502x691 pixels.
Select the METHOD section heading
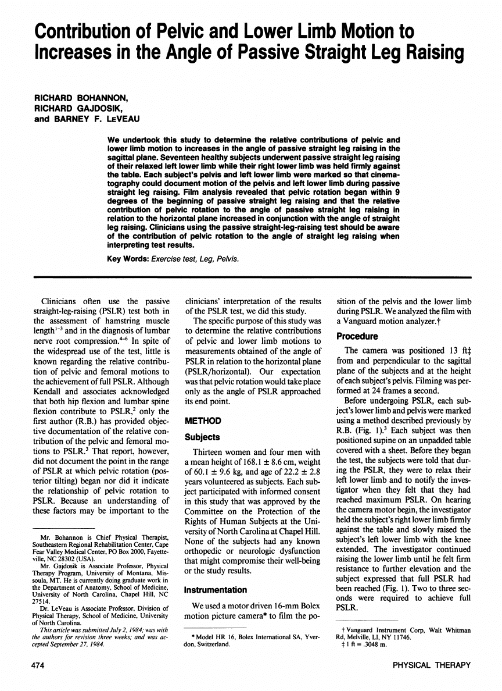203,420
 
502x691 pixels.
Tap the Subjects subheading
202,436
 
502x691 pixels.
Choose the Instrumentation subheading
215,590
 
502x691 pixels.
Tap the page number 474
38,665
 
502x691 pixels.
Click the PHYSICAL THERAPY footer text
431,665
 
